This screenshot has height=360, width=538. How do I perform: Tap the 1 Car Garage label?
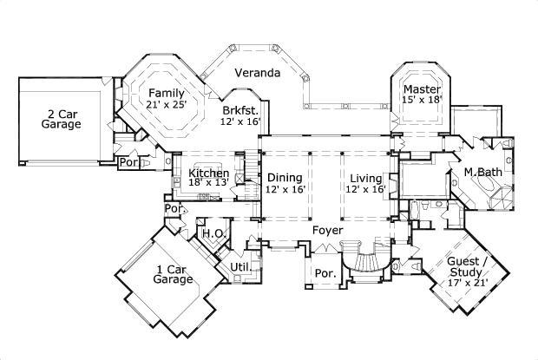[x=172, y=274]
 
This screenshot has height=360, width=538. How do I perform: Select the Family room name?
[x=165, y=93]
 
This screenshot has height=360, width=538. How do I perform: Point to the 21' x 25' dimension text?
[x=165, y=105]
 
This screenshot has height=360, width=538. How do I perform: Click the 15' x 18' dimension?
[x=423, y=101]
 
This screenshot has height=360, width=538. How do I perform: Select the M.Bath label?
[x=479, y=172]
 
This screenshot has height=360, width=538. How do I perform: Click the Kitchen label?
[x=208, y=173]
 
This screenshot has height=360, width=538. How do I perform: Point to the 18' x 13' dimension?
[x=208, y=183]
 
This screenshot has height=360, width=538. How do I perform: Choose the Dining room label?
[x=285, y=178]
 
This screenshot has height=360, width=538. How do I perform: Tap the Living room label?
[x=364, y=178]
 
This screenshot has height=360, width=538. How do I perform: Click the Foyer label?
[x=327, y=231]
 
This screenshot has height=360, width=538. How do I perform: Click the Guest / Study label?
[x=467, y=265]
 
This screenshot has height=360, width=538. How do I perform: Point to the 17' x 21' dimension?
[x=467, y=282]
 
